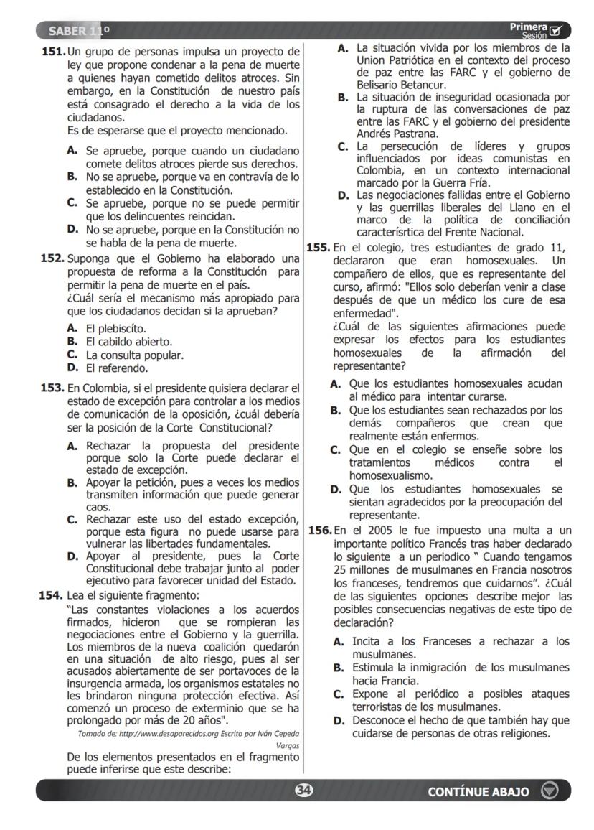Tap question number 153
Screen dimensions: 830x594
point(52,388)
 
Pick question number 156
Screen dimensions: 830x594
point(319,530)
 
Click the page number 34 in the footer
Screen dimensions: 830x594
point(304,791)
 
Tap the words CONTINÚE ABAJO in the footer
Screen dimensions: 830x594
point(478,791)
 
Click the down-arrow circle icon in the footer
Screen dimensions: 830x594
point(550,791)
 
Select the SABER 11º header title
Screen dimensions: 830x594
point(79,31)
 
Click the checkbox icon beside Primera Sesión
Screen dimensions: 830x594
point(556,31)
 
